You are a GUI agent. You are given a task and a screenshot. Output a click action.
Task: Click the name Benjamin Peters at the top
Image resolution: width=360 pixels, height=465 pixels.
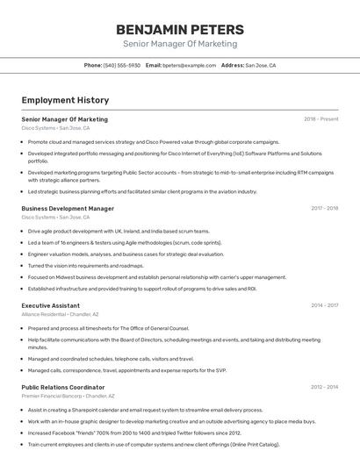(180, 29)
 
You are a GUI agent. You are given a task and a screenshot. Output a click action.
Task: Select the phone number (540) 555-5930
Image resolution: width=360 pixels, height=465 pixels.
(122, 65)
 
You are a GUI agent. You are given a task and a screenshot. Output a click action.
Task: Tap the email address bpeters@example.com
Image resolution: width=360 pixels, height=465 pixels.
(188, 65)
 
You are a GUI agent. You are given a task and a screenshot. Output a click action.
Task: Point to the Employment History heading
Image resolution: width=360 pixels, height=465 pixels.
(60, 101)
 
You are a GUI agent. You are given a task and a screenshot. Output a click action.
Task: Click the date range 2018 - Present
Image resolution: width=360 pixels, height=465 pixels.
(321, 119)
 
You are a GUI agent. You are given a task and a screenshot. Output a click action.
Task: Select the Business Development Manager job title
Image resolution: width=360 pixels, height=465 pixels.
(68, 209)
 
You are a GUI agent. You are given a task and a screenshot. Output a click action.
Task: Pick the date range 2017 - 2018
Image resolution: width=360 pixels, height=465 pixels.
(325, 209)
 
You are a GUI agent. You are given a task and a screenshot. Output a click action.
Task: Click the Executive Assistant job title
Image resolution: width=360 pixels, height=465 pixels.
(50, 305)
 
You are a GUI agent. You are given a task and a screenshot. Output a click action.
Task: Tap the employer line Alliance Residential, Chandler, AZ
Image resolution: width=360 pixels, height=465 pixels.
(60, 314)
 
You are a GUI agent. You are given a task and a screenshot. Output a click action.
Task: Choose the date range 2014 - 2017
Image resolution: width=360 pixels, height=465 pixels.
(325, 305)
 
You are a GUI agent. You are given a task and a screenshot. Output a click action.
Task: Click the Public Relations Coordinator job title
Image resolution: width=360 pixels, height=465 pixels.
(62, 387)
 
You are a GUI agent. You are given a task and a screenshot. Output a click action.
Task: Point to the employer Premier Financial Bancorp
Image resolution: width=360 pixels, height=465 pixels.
(52, 396)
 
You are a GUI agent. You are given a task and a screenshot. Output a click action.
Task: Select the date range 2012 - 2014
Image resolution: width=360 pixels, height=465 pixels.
(325, 387)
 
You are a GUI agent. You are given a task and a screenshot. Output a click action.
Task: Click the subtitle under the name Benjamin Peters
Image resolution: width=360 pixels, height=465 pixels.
(180, 44)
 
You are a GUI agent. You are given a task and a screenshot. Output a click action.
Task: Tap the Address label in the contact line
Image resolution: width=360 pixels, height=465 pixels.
(233, 65)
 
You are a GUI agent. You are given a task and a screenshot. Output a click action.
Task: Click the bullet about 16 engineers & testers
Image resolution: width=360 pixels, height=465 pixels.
(125, 242)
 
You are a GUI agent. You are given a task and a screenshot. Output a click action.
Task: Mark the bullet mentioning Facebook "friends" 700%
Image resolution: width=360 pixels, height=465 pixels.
(134, 433)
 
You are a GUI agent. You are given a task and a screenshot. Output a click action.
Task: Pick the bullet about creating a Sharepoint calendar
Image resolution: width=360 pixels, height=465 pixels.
(145, 410)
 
